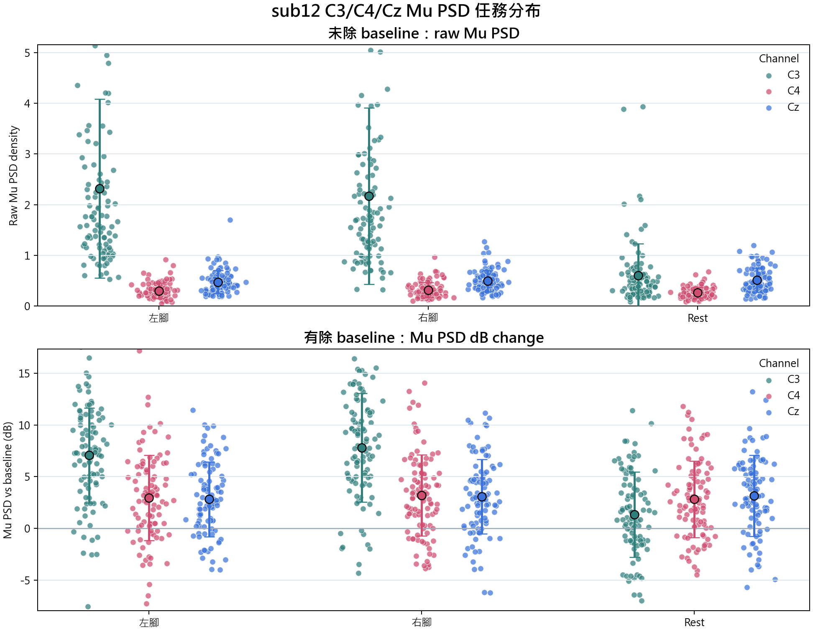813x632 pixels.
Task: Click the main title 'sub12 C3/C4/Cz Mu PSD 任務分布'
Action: [x=406, y=11]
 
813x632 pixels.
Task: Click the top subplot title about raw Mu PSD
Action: [x=424, y=33]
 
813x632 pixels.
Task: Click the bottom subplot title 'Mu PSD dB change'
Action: [x=477, y=338]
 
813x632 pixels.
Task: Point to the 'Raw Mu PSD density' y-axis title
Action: [x=13, y=176]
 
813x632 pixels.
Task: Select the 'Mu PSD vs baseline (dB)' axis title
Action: [x=8, y=480]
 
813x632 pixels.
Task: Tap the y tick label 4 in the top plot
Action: [x=28, y=104]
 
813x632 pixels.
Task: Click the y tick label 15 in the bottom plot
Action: [x=25, y=374]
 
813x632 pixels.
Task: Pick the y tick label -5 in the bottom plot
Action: [x=25, y=581]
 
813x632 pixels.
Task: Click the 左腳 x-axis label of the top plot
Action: [x=159, y=318]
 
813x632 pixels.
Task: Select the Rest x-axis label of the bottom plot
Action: [x=694, y=623]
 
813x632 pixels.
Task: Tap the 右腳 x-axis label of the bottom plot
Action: [x=422, y=622]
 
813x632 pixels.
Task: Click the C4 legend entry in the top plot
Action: [x=783, y=91]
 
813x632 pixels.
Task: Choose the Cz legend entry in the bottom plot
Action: [x=783, y=412]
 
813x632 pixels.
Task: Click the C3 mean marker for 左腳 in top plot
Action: [x=100, y=189]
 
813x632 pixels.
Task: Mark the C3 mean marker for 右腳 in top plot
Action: [x=369, y=196]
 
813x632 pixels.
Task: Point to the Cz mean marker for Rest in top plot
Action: [x=757, y=280]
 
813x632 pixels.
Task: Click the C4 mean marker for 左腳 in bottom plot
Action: [x=149, y=498]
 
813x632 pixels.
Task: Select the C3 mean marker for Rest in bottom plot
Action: [x=634, y=515]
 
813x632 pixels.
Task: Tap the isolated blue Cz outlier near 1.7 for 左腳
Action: [x=230, y=220]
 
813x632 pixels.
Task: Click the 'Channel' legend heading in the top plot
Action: [x=779, y=59]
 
